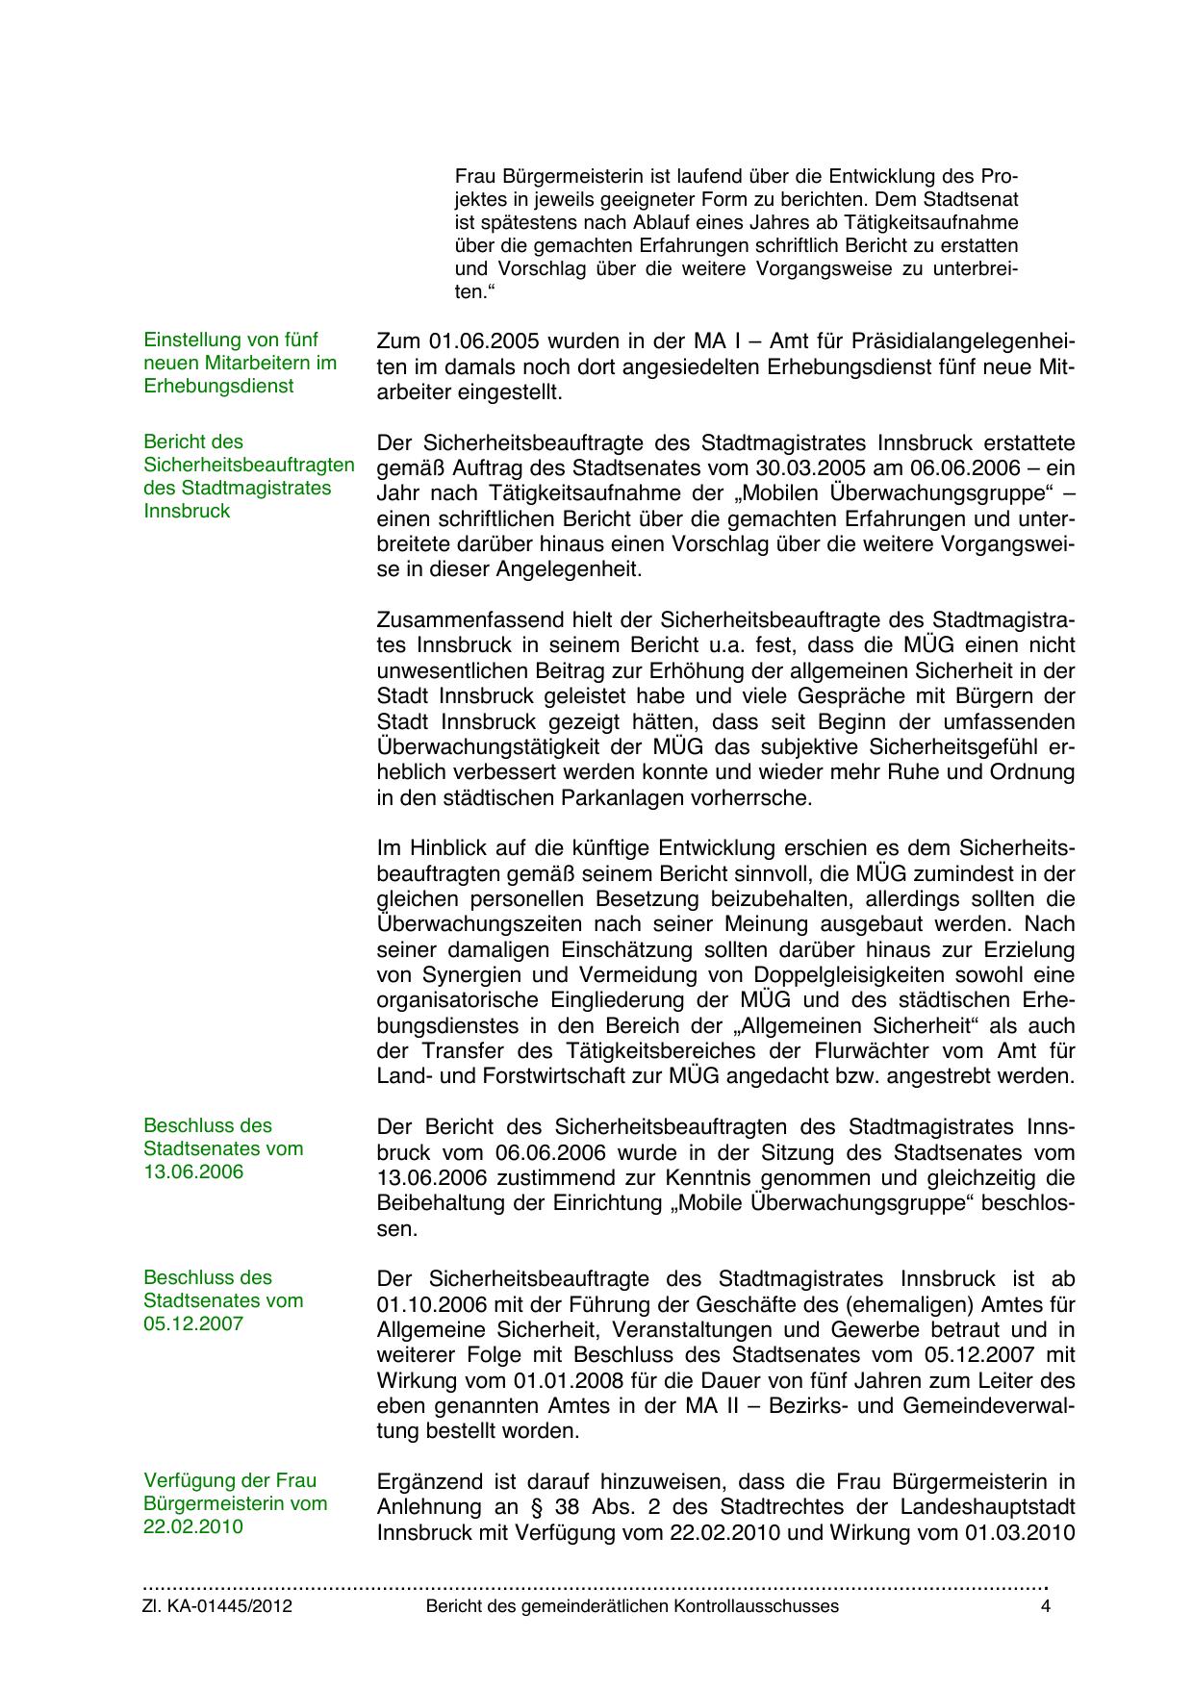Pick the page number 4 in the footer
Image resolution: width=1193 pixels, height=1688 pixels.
pyautogui.click(x=1045, y=1606)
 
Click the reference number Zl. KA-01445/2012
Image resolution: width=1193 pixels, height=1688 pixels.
pyautogui.click(x=217, y=1606)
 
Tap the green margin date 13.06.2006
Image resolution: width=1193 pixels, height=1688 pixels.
pyautogui.click(x=193, y=1172)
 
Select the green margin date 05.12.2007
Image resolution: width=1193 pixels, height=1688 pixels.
pyautogui.click(x=193, y=1323)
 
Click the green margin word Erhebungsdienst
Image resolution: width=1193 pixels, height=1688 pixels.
pyautogui.click(x=218, y=386)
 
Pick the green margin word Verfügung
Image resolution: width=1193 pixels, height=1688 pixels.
pyautogui.click(x=188, y=1480)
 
